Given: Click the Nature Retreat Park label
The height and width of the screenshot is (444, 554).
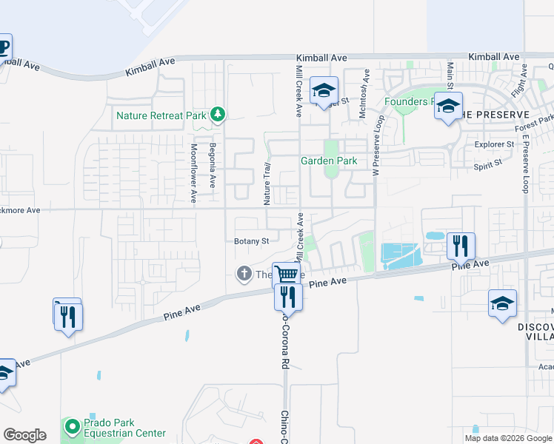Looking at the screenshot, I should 161,115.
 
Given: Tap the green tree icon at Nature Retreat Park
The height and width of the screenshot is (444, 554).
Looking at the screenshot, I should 217,114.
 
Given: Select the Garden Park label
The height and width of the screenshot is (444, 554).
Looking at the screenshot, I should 328,161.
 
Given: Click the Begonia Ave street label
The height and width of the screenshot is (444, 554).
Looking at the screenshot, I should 212,165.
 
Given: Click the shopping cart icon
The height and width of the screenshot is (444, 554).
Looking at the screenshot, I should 286,273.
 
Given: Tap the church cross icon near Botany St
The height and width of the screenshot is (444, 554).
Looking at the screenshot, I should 244,274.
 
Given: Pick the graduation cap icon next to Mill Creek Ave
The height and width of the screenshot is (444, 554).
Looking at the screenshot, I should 324,90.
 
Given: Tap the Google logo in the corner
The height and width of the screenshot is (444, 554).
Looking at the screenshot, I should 24,435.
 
